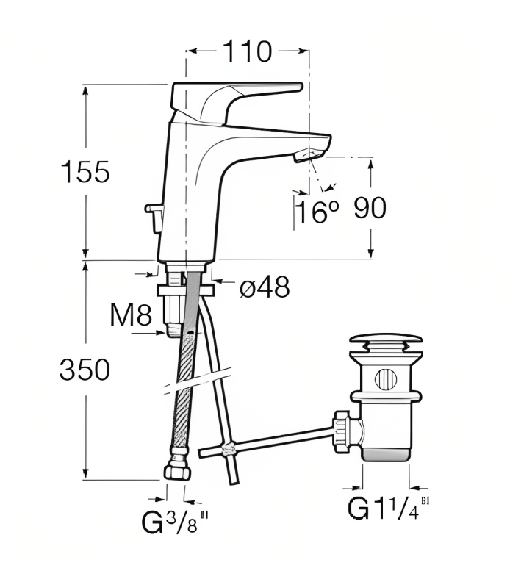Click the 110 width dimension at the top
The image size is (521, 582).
[x=248, y=51]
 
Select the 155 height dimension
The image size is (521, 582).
[x=85, y=172]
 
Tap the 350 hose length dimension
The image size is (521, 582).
[x=85, y=370]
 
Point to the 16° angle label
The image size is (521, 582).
[x=318, y=212]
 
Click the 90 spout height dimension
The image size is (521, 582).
[x=370, y=207]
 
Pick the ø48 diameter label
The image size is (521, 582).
[x=265, y=287]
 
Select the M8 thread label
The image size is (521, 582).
[x=131, y=315]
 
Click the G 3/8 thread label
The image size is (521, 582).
[x=174, y=521]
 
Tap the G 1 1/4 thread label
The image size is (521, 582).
[x=388, y=507]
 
